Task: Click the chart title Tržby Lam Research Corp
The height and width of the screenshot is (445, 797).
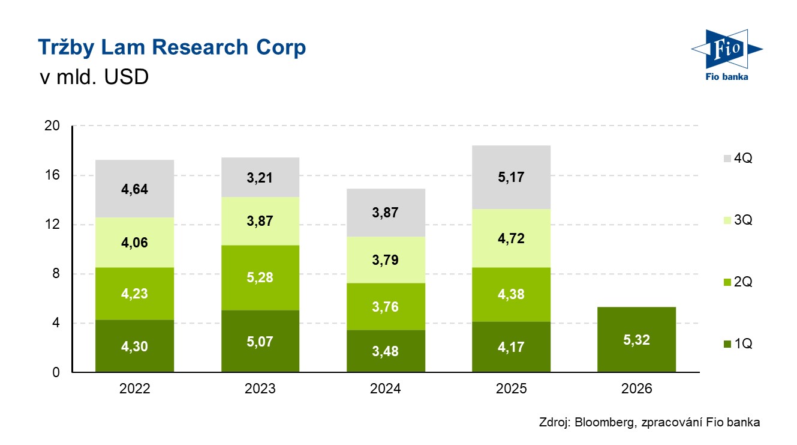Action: click(172, 47)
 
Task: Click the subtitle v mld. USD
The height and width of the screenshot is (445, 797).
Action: click(93, 78)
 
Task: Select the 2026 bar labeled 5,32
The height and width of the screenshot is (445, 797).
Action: click(637, 339)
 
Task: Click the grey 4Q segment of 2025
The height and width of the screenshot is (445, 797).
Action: click(511, 177)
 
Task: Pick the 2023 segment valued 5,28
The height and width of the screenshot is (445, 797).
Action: click(260, 277)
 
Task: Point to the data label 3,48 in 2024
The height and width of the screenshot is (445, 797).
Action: click(386, 351)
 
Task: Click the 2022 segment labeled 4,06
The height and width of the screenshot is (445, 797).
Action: click(134, 243)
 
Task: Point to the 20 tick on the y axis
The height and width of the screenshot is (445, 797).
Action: click(52, 126)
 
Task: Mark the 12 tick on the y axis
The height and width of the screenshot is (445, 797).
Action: click(52, 225)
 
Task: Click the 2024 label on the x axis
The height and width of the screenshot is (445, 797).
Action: click(386, 389)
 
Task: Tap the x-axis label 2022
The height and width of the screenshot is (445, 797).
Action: click(134, 389)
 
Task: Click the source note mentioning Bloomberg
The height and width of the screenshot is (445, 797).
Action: click(649, 423)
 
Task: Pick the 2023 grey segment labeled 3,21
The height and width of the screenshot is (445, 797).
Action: click(260, 177)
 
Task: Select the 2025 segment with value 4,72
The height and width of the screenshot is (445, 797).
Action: click(511, 238)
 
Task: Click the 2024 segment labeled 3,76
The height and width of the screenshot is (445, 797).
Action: click(386, 306)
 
